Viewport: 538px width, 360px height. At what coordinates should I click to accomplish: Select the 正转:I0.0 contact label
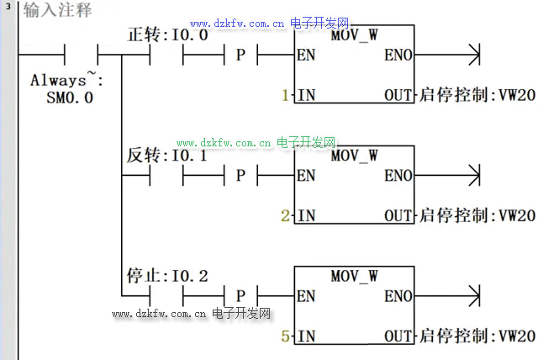coord(166,36)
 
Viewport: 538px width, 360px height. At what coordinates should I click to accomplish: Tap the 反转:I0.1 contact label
coord(166,156)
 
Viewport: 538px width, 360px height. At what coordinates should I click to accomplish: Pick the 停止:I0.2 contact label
coord(166,276)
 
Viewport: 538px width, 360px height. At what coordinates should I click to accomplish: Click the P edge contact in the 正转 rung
coord(240,57)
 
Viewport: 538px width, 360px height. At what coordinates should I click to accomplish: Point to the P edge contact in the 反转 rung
coord(240,177)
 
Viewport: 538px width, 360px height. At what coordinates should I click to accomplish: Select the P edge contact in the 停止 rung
coord(240,296)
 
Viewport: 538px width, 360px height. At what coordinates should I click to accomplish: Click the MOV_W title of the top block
coord(354,37)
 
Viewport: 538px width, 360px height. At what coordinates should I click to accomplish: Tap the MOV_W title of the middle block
coord(354,156)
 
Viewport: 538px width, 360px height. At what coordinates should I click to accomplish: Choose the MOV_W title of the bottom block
coord(354,276)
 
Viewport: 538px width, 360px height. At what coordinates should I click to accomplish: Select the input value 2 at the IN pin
coord(286,216)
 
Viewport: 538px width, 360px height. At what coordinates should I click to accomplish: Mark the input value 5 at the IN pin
coord(286,336)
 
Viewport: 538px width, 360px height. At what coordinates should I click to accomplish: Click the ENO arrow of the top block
coord(472,57)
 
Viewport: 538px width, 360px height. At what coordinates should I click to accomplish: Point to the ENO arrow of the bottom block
coord(472,296)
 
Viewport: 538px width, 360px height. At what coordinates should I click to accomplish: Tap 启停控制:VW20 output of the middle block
coord(476,216)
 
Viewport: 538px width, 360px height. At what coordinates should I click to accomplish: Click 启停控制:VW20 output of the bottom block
coord(476,336)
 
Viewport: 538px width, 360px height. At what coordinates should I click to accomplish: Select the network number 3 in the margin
coord(8,7)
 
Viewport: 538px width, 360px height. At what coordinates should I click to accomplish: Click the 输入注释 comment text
coord(57,11)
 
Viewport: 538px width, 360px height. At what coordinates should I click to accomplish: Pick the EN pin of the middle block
coord(307,177)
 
